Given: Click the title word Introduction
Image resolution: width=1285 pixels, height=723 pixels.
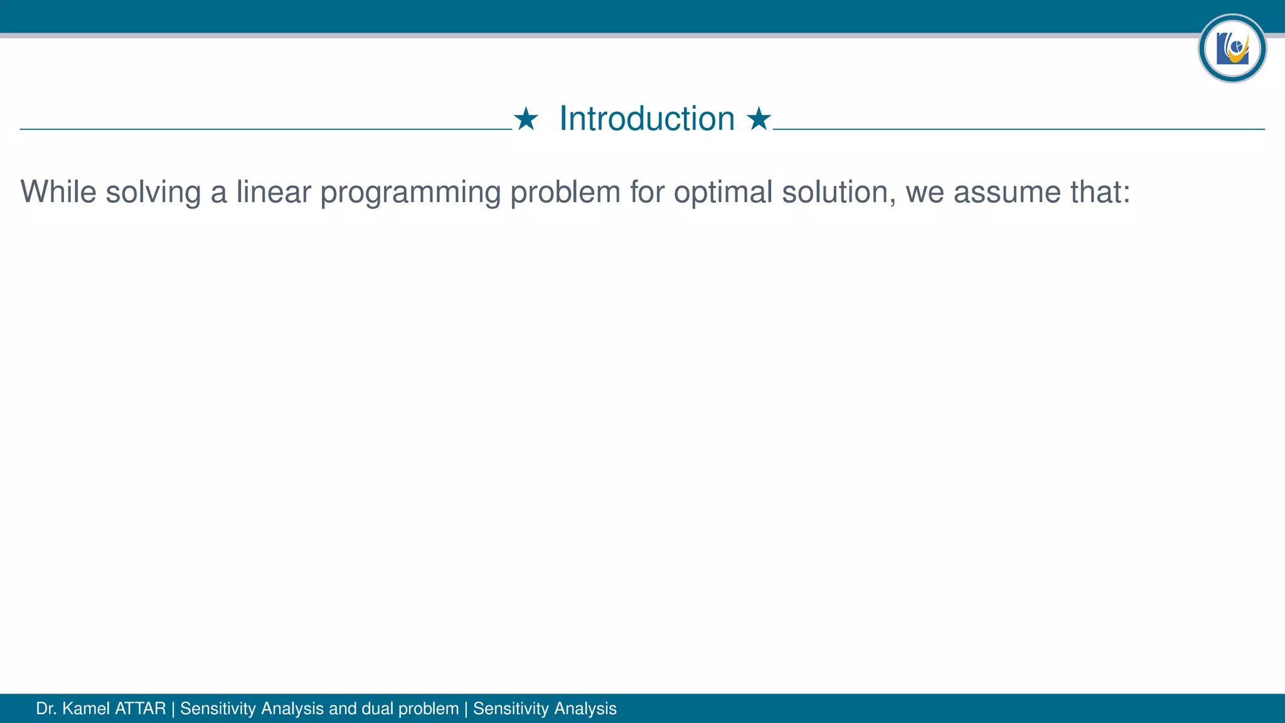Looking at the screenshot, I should coord(647,119).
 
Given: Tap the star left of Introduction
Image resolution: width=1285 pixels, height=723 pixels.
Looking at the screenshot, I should coord(526,119).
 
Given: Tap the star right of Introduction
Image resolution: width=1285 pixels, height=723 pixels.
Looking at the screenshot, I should coord(759,119).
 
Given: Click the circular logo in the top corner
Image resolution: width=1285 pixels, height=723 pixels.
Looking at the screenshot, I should coord(1232,48).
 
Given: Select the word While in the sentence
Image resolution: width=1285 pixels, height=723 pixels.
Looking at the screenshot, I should coord(58,191).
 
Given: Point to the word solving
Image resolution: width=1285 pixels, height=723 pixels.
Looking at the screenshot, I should coord(153,193).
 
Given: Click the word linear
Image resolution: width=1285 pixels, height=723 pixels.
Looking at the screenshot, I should coord(274,191).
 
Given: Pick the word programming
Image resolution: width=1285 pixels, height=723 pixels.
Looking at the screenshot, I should coord(410,193).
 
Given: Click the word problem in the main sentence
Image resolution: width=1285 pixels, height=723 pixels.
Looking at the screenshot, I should coord(565,193).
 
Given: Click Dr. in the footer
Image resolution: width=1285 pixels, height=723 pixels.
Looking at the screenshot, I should coord(46,709).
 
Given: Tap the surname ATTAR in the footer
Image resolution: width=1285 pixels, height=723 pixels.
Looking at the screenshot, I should coord(141,709).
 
